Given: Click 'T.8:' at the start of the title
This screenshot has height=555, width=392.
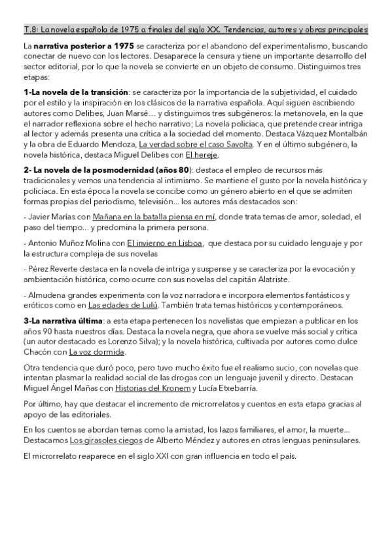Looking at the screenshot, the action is pos(30,29).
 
